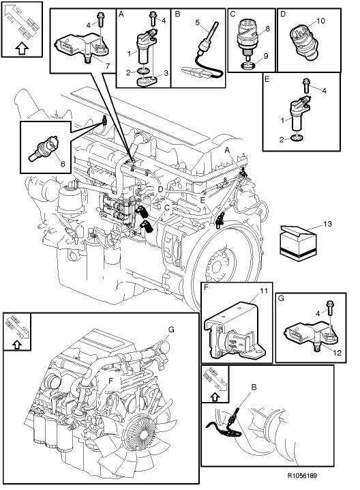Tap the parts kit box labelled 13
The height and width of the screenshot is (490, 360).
click(x=301, y=243)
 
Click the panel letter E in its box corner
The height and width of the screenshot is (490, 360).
click(x=267, y=80)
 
